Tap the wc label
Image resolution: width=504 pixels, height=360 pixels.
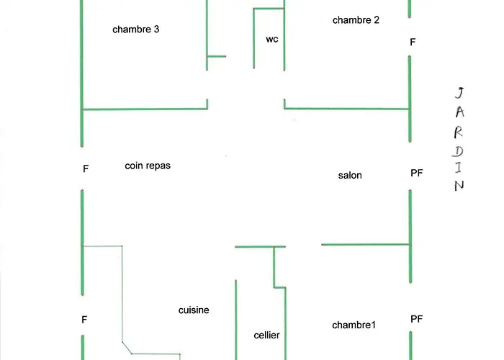pos(271,39)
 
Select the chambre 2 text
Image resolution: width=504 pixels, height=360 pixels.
pos(356,20)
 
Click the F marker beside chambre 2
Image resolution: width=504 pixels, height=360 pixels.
pos(413,42)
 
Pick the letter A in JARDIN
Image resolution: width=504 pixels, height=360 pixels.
pos(460,112)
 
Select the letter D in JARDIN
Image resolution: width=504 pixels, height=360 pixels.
pos(459,150)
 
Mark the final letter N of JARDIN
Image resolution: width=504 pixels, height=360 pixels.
pos(459,185)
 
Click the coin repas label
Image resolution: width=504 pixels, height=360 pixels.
pos(148,165)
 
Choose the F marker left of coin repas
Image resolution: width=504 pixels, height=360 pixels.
pos(86,168)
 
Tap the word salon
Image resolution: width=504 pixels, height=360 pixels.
pos(350,175)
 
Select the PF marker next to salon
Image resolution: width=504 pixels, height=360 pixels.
pos(416,173)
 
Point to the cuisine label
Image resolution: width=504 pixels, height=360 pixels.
pos(194,310)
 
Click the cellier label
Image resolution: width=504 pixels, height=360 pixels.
pos(266,335)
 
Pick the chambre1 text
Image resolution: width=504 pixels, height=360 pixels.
pos(354,325)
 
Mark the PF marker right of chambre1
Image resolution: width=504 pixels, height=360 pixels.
pos(416,318)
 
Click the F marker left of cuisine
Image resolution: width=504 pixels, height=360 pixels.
pos(84,319)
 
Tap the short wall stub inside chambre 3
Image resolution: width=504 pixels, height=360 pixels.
pos(216,56)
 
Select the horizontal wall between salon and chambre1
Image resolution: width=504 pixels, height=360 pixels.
pos(365,245)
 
